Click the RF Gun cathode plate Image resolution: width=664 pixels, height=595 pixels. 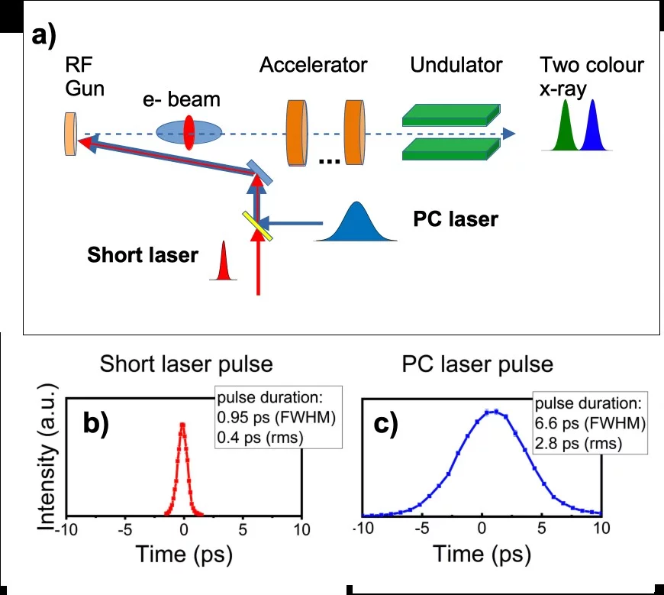click(x=70, y=134)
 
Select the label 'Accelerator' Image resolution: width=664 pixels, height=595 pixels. click(x=313, y=65)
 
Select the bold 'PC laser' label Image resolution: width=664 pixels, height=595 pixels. click(x=455, y=220)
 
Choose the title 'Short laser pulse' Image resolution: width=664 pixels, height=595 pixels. click(x=186, y=364)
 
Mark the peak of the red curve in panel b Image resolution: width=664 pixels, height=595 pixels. click(x=183, y=424)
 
